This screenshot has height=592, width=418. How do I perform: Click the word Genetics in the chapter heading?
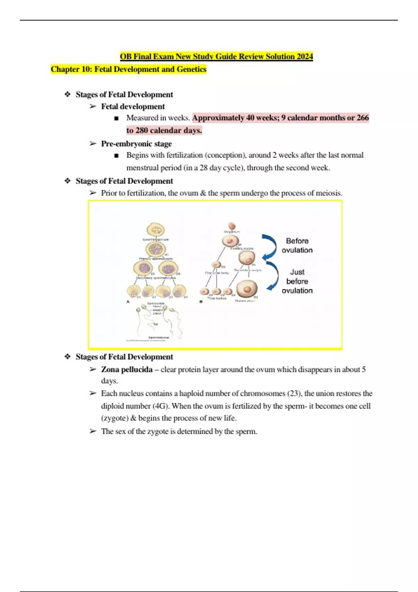click(191, 69)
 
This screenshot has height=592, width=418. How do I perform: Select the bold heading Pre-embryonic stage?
click(136, 143)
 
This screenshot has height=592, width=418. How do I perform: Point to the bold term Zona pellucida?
click(127, 369)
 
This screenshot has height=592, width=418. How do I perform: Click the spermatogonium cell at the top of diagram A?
click(155, 230)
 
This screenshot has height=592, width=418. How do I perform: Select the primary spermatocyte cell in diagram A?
click(155, 249)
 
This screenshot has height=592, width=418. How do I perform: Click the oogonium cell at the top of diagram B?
click(232, 226)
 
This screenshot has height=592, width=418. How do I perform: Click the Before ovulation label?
click(297, 246)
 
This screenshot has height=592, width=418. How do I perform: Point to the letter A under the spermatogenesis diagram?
click(128, 302)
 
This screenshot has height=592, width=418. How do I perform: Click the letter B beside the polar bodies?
click(201, 302)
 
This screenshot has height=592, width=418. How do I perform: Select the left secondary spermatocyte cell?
click(143, 268)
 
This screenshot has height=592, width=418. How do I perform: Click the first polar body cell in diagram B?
click(216, 265)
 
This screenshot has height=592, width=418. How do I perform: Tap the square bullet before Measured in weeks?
click(116, 118)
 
